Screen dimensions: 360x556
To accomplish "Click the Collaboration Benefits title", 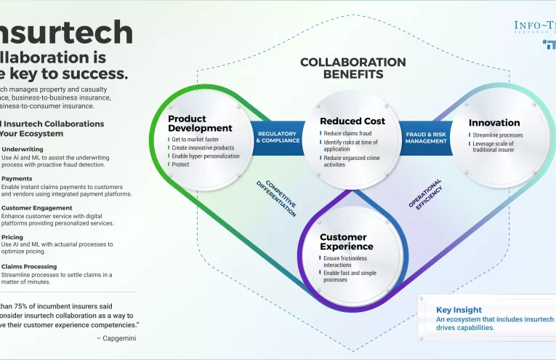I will click(352, 68).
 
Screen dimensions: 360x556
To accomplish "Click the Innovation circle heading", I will click(493, 123).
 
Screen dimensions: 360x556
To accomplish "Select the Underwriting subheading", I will click(23, 148).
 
